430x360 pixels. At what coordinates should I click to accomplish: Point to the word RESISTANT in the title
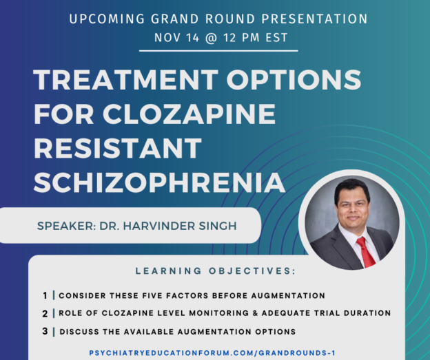[117, 148]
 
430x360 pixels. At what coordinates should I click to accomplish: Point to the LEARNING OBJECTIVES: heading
[215, 271]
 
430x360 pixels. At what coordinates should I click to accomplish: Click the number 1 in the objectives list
[45, 295]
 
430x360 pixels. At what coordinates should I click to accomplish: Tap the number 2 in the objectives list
[45, 313]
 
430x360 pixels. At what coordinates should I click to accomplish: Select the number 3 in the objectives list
[45, 331]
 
